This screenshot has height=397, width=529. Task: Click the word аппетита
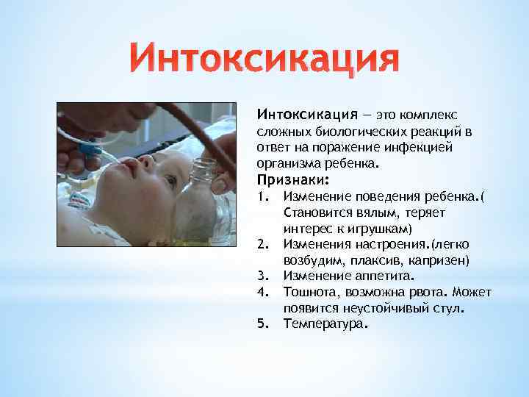386,276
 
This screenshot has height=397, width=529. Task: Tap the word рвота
431,292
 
